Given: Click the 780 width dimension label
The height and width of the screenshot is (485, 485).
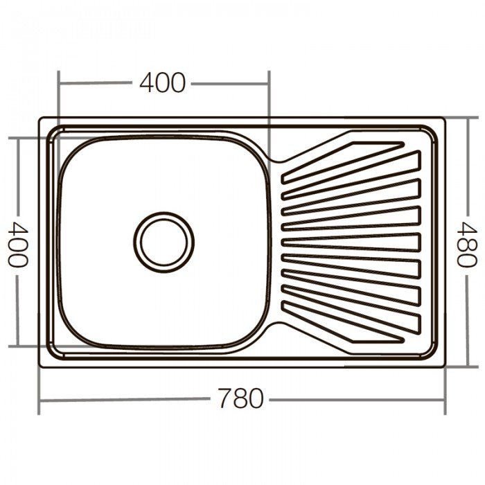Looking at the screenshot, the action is point(240,398).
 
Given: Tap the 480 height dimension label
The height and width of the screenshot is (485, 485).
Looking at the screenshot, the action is point(467,244).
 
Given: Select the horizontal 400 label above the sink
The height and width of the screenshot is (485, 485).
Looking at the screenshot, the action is point(162,82).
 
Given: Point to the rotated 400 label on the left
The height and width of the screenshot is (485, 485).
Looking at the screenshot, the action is point(17,245).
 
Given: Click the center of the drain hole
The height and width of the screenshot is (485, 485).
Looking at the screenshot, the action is point(164,242).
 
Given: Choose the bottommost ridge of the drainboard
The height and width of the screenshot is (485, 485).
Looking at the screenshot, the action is point(344,321).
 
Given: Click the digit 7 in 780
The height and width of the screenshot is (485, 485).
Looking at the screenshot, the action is point(225,398).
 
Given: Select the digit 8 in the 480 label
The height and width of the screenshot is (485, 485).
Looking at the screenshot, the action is point(467,244).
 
